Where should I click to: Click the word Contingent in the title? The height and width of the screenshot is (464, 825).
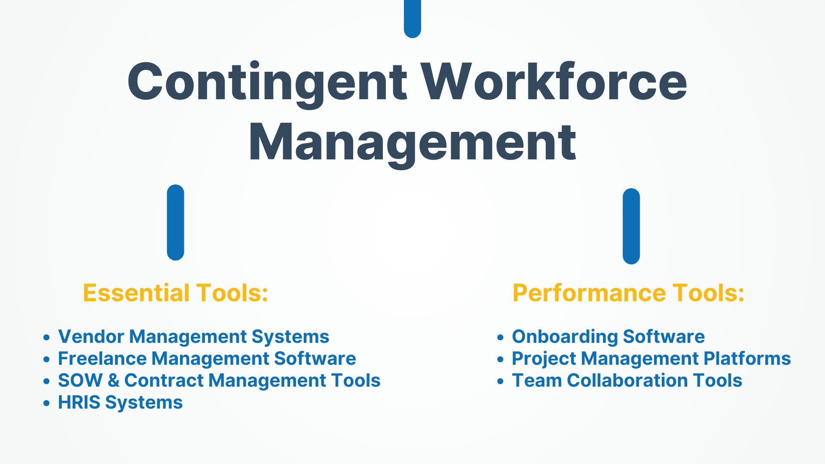(x=267, y=82)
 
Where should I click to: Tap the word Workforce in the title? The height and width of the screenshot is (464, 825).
(x=554, y=81)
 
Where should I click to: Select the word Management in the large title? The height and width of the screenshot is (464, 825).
(x=412, y=143)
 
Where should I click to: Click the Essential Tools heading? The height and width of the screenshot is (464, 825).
(x=175, y=293)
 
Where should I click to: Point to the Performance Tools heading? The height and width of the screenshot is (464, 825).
(x=628, y=293)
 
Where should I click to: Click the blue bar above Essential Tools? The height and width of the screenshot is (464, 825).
(x=175, y=223)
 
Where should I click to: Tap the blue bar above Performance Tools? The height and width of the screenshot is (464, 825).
(x=631, y=226)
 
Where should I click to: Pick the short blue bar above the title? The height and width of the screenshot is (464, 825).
(x=412, y=18)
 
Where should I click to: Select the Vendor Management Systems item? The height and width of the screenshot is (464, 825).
(x=193, y=337)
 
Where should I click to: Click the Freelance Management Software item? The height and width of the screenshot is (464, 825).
(x=207, y=359)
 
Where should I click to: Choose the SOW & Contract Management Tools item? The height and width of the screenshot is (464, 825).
(x=219, y=381)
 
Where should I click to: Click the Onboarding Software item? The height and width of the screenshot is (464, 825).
(x=608, y=337)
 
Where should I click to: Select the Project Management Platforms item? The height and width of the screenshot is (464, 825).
(x=651, y=359)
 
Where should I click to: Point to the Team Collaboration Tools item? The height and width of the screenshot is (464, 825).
(x=627, y=381)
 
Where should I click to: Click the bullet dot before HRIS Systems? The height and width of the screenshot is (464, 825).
(x=47, y=403)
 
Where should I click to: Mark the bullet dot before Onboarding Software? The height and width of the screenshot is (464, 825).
(x=500, y=337)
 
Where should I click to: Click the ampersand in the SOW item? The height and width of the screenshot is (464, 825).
(x=113, y=381)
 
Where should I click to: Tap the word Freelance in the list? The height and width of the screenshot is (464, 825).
(x=102, y=358)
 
